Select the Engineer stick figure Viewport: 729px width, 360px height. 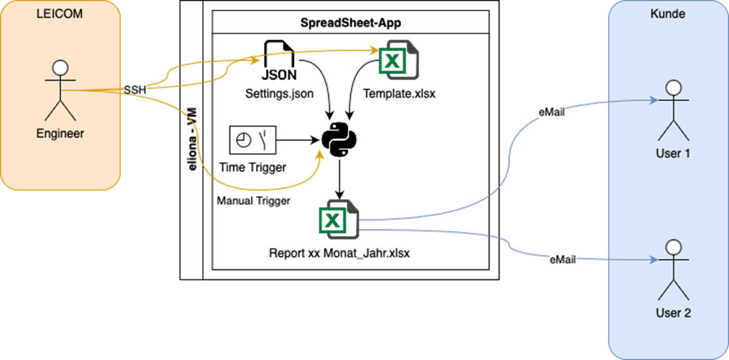coord(60,89)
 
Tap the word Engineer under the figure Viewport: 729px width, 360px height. coord(60,134)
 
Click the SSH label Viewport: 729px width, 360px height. coord(135,89)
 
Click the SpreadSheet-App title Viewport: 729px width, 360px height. coord(351,22)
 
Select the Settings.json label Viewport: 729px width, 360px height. coord(279,94)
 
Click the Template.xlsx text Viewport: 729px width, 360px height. coord(399,94)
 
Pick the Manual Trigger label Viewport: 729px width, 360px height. coord(253,201)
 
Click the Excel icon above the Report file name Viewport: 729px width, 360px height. coord(339,220)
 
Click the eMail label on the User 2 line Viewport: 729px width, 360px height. coord(563,261)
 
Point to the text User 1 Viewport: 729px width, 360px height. coord(673,154)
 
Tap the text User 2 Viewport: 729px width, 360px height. coord(673,312)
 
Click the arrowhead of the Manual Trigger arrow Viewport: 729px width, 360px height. coord(321,155)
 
